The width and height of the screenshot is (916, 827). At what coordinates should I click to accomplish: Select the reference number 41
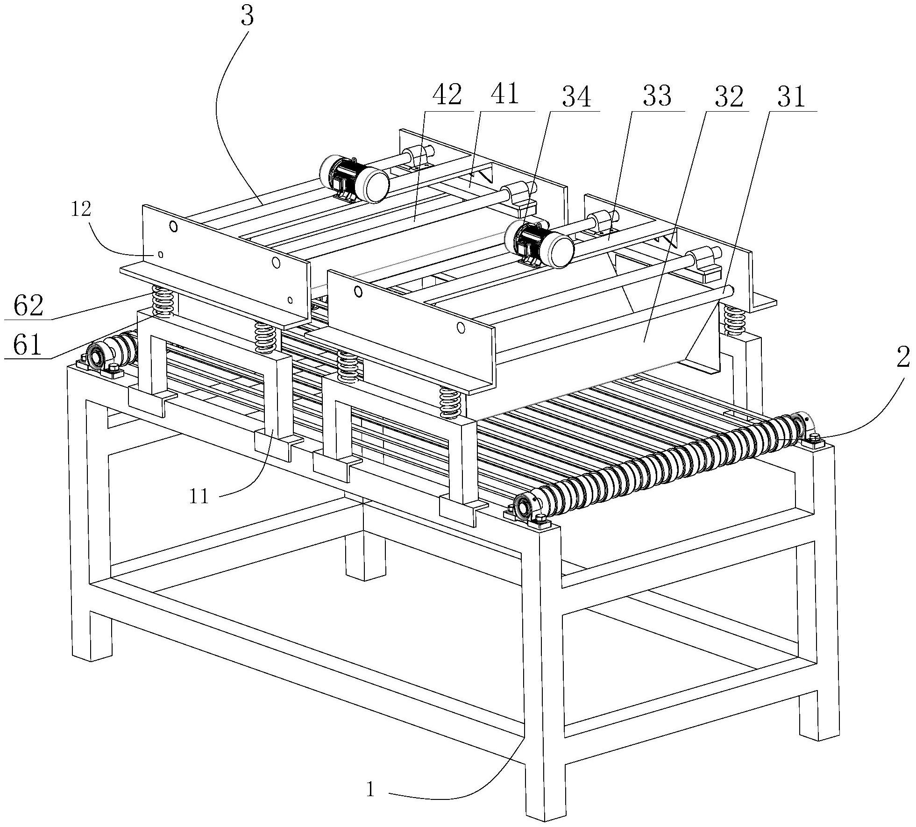[x=505, y=95]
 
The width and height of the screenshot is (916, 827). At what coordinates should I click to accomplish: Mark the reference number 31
[x=791, y=97]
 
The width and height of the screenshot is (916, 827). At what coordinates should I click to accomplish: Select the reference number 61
[x=28, y=346]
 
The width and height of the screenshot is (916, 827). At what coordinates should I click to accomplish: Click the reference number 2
[x=902, y=358]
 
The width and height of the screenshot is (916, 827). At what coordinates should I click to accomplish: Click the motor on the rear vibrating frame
[x=354, y=179]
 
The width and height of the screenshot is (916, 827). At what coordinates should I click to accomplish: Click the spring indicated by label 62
[x=163, y=302]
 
